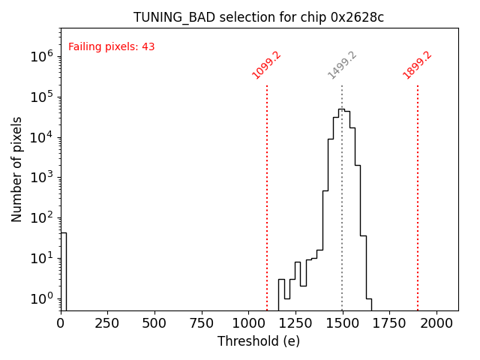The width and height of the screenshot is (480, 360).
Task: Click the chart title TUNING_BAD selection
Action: tap(259, 17)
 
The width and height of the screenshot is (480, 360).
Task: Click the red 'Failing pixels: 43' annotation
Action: tap(111, 46)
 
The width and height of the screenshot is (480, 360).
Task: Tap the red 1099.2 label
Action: tap(266, 65)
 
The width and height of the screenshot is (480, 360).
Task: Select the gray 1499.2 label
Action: tap(342, 65)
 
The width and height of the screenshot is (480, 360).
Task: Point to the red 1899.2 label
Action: tap(417, 65)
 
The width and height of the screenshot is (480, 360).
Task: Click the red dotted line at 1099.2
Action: tap(267, 187)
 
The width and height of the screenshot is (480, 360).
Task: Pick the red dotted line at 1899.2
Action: tap(418, 187)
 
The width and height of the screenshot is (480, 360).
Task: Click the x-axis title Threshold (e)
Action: tap(259, 341)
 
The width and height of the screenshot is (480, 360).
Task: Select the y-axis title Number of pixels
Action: tap(17, 169)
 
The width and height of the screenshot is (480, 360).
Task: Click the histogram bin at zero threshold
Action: tap(63, 270)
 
